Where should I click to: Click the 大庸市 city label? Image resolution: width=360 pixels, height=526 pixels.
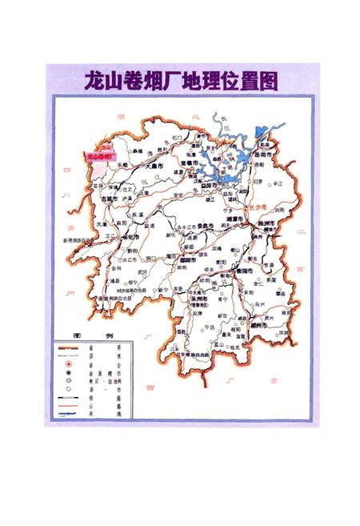[141, 163]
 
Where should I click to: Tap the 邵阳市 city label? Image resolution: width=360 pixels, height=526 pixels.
[189, 259]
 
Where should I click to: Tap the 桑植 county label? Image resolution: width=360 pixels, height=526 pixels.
[137, 151]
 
